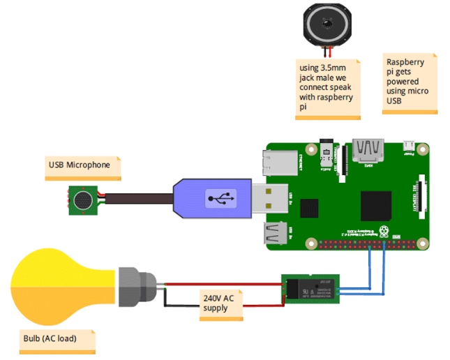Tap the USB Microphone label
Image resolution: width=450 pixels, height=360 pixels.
79,166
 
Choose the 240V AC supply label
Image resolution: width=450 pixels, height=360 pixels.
219,304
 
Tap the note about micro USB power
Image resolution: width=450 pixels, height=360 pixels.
410,82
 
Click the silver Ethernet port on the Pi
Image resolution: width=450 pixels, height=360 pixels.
283,163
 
